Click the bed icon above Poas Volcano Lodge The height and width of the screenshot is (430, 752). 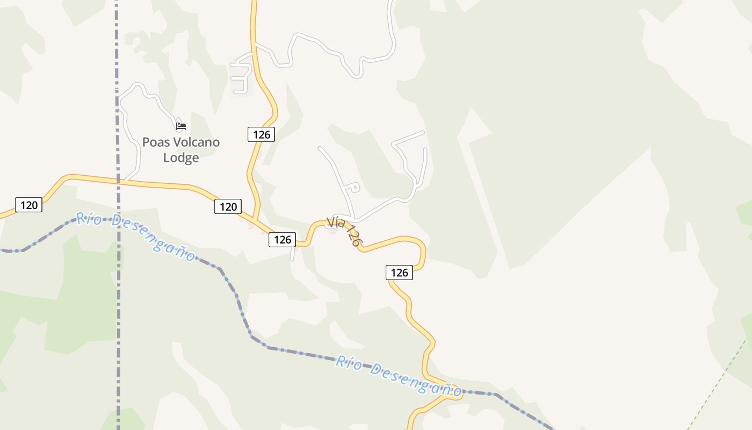(x=181, y=126)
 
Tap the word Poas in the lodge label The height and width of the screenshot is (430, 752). (x=155, y=142)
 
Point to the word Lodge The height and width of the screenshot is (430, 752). (x=181, y=157)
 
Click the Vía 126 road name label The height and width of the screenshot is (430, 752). (x=343, y=231)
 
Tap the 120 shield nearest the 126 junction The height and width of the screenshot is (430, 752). (x=228, y=206)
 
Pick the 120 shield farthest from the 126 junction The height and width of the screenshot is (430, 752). (x=28, y=205)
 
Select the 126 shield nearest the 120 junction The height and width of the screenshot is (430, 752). (x=282, y=240)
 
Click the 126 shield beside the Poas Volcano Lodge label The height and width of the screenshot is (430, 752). (x=261, y=134)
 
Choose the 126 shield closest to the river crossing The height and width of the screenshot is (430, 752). (x=399, y=273)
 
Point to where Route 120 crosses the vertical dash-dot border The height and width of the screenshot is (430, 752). (x=118, y=181)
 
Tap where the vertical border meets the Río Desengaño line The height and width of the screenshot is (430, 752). (x=118, y=219)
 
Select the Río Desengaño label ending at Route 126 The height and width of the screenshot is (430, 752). (x=397, y=375)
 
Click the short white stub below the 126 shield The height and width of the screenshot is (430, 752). (x=293, y=254)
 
